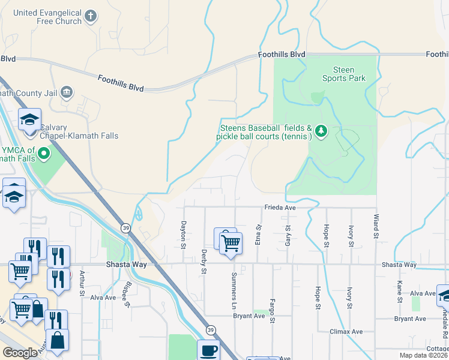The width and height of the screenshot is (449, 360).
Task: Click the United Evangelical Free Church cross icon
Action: click(x=90, y=16)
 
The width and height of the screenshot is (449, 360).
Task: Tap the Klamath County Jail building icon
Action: click(x=66, y=93)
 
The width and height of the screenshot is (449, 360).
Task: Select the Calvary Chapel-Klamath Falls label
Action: click(x=80, y=131)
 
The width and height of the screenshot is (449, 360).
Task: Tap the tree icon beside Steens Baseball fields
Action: click(x=321, y=130)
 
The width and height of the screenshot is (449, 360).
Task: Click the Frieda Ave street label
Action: click(x=281, y=208)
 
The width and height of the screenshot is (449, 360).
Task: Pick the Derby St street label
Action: click(x=204, y=262)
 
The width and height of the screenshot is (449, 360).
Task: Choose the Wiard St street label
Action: click(x=376, y=226)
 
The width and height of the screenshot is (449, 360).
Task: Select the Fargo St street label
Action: click(x=272, y=311)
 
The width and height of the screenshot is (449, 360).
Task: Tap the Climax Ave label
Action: click(x=346, y=331)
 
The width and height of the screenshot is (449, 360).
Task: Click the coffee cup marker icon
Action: click(x=209, y=350)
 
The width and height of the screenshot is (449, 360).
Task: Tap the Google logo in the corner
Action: click(x=20, y=353)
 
